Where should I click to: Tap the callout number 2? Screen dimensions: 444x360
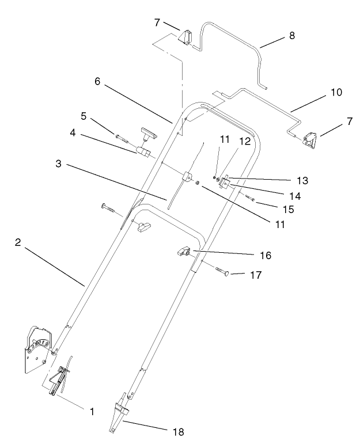coord(19,242)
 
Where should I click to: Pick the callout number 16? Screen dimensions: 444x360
coord(265,254)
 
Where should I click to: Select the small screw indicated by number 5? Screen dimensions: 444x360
coord(122,136)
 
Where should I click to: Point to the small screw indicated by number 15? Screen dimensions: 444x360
coord(249,198)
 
